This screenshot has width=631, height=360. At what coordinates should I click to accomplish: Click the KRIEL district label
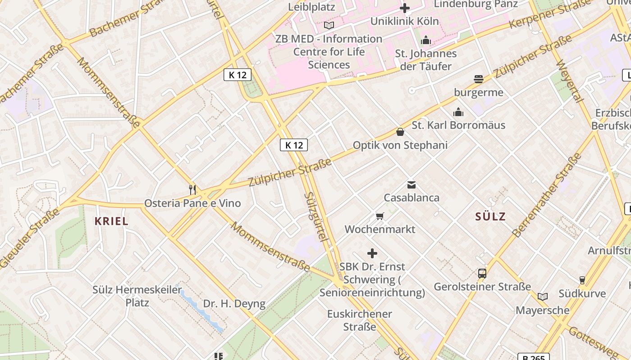point(111,221)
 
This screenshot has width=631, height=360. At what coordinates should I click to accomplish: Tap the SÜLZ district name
point(490,216)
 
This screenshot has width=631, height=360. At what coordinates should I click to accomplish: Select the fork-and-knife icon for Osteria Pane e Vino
point(192,189)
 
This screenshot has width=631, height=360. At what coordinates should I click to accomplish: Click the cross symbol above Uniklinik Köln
point(405,8)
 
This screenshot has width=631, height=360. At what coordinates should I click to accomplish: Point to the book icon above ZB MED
point(329,25)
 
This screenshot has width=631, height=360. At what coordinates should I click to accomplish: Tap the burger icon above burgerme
point(479,79)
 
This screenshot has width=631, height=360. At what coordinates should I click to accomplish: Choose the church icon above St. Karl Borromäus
point(458,112)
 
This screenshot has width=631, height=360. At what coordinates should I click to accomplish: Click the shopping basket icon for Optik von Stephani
point(400,132)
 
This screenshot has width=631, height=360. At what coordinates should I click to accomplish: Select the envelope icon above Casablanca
point(411,184)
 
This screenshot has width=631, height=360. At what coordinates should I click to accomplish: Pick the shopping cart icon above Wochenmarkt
point(380,216)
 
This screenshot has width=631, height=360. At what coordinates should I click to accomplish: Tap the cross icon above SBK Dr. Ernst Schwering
point(372,253)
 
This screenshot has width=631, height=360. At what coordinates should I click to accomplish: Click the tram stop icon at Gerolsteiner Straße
point(482,273)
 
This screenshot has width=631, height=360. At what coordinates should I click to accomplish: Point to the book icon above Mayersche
point(543,297)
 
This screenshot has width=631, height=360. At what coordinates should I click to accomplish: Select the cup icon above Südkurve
point(582,280)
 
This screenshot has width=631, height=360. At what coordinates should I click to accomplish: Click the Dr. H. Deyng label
point(234,304)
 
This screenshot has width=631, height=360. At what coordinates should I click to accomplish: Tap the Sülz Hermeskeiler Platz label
point(137,296)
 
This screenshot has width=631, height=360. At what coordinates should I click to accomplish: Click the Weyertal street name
point(570,81)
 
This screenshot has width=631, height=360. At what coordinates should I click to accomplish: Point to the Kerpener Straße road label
point(549,14)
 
